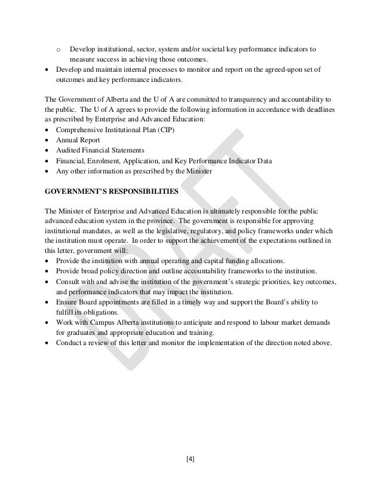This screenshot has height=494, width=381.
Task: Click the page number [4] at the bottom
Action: (190, 459)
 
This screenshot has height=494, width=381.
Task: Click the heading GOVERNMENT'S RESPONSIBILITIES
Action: (109, 192)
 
